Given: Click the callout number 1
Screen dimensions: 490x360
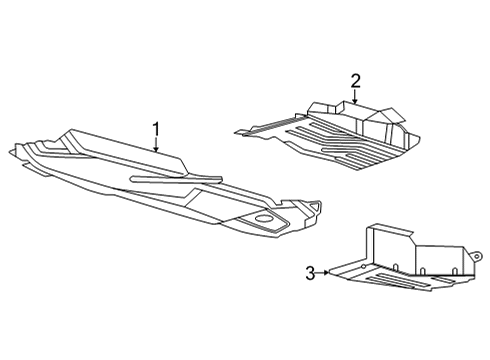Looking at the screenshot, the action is [x=156, y=129].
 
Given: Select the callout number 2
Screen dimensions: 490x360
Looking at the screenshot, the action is [x=354, y=80].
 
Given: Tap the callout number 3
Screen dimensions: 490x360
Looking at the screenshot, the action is [x=310, y=271].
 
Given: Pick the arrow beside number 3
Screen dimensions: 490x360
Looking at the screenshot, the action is [x=324, y=271].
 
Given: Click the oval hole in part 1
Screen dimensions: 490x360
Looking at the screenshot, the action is [x=265, y=218].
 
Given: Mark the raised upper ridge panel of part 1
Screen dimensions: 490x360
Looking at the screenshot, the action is [x=120, y=145].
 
